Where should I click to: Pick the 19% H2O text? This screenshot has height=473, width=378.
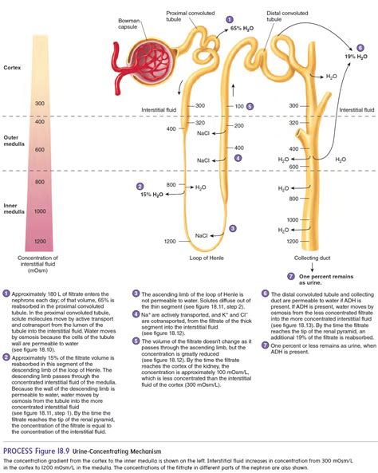(x=356, y=58)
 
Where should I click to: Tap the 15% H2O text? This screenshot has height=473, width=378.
(x=152, y=194)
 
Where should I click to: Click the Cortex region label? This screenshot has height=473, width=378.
(x=14, y=68)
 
